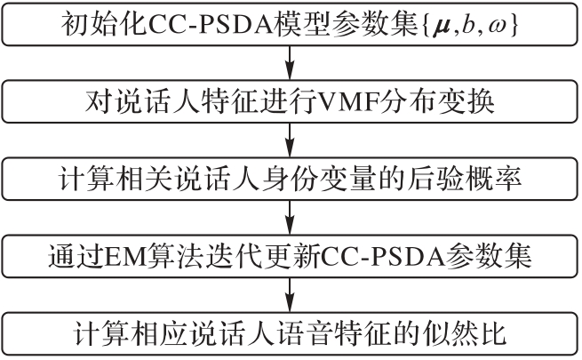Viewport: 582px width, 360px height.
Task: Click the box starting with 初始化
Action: coord(291,24)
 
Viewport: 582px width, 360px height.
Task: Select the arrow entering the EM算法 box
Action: coord(291,217)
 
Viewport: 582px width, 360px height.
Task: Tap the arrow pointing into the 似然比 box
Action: coord(291,294)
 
